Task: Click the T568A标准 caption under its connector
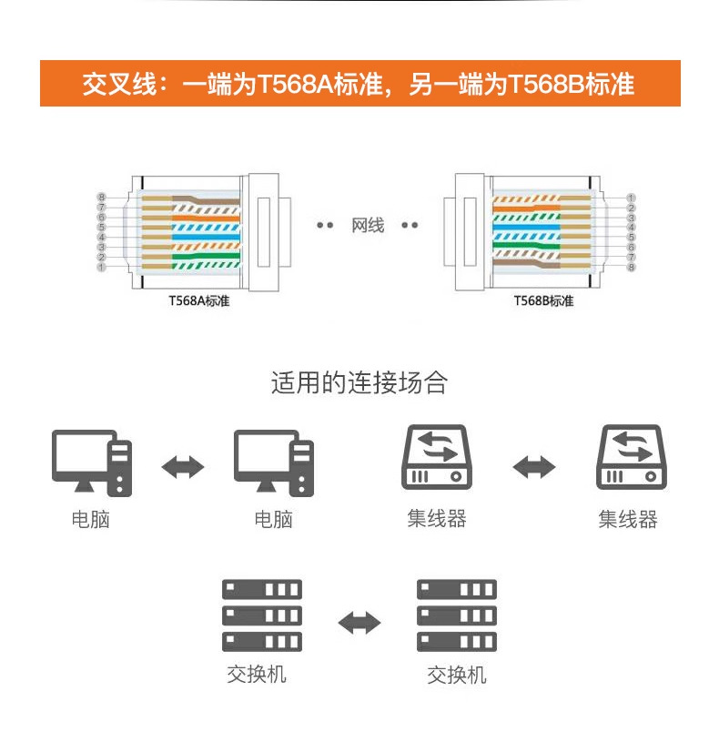click(193, 301)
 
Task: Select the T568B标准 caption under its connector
click(543, 301)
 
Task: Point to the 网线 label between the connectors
click(367, 225)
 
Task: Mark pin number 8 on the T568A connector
click(102, 198)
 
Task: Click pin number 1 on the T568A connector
click(102, 267)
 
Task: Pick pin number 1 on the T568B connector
click(631, 198)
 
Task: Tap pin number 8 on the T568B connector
click(631, 267)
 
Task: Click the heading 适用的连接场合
click(359, 382)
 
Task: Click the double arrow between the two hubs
click(533, 467)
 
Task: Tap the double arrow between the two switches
click(359, 623)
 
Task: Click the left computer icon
click(91, 463)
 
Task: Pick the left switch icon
click(261, 615)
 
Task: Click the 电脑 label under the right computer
click(273, 520)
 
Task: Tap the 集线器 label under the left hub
click(437, 519)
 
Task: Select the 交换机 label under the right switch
click(457, 676)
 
